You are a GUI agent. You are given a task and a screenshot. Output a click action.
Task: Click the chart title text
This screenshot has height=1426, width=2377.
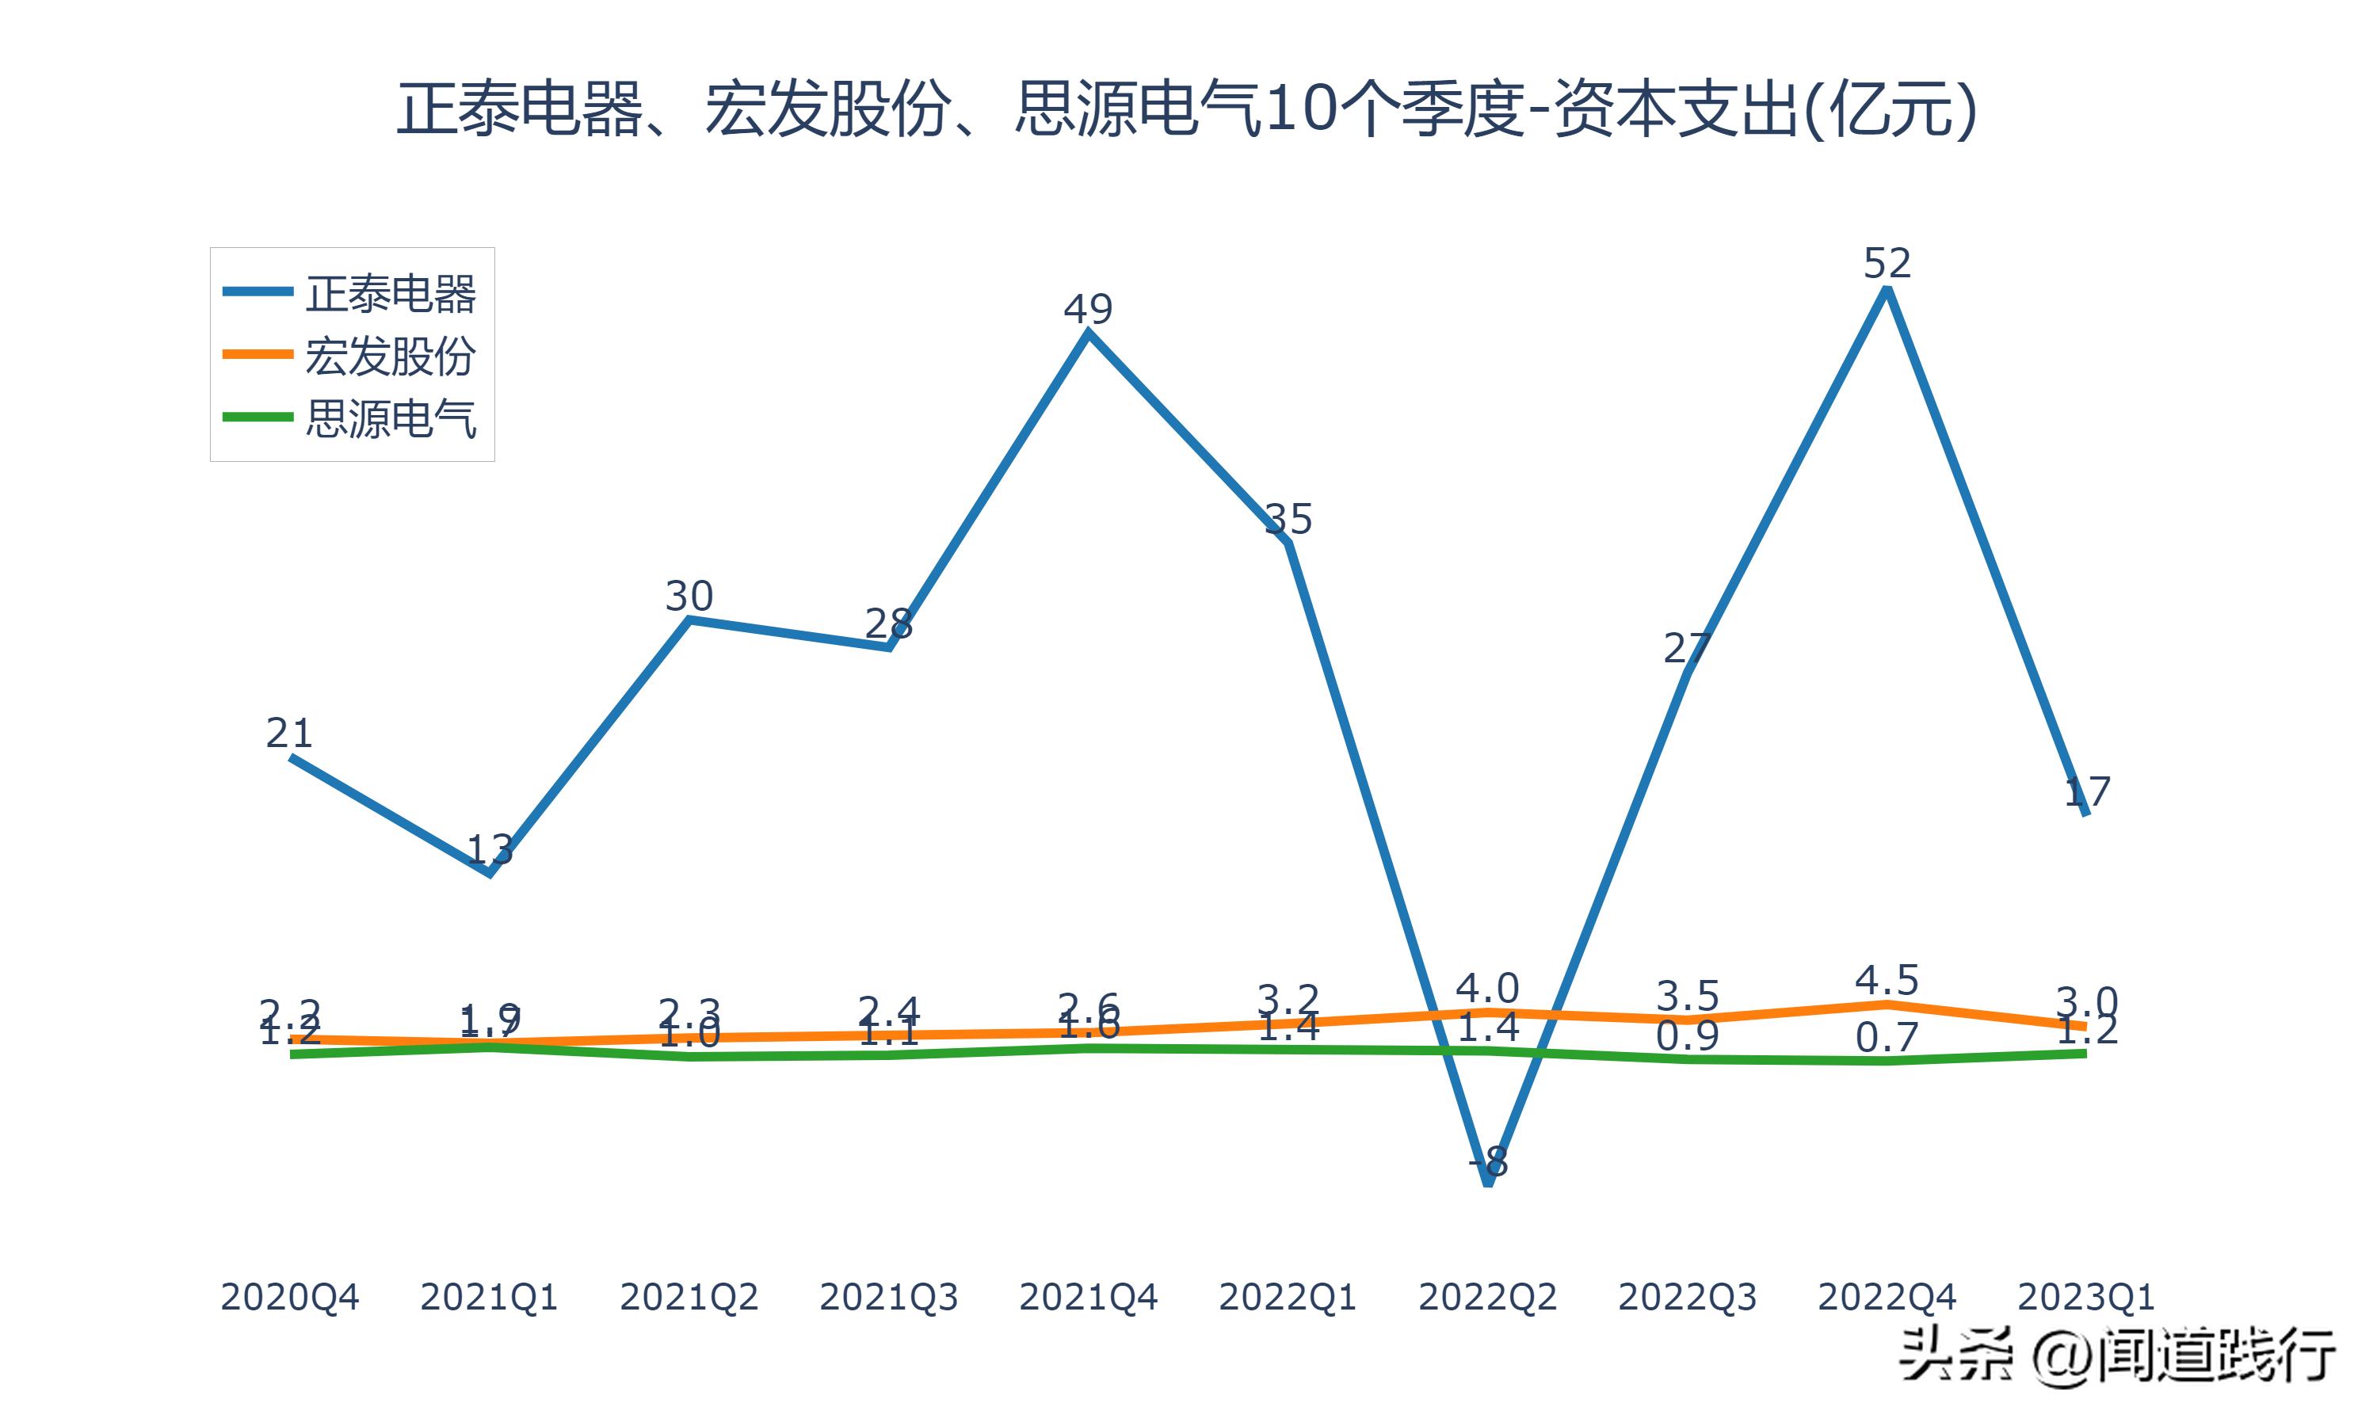point(1187,109)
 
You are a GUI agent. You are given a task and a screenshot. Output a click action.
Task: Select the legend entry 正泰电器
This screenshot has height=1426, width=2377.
point(390,293)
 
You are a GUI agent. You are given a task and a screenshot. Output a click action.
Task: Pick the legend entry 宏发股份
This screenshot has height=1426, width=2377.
point(390,356)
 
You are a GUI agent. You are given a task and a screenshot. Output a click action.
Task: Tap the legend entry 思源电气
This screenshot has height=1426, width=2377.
point(390,418)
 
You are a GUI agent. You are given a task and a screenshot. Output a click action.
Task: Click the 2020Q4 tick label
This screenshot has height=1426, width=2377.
point(289,1297)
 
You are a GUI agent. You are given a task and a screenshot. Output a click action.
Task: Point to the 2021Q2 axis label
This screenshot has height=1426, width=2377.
point(689,1297)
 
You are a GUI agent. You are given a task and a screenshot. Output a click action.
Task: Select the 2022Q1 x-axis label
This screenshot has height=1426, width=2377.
point(1288,1297)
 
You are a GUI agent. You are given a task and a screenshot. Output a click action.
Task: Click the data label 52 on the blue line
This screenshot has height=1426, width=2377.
point(1887,263)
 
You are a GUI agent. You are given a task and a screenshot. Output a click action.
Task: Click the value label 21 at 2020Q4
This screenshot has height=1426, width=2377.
point(289,733)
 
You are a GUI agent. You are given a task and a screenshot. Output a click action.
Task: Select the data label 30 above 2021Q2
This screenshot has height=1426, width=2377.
point(689,597)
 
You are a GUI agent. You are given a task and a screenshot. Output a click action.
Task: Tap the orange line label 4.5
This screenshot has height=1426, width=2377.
point(1887,981)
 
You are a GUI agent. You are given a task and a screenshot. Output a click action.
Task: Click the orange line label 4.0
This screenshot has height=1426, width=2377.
point(1487,989)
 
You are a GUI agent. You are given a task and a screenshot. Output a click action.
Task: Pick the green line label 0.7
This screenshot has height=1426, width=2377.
point(1887,1038)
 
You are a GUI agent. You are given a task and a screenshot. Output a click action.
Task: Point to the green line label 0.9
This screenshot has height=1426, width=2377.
point(1687,1036)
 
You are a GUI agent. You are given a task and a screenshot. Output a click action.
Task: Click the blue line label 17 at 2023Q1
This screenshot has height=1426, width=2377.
point(2087,791)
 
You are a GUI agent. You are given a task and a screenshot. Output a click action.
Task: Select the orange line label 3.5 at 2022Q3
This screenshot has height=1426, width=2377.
point(1687,997)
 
